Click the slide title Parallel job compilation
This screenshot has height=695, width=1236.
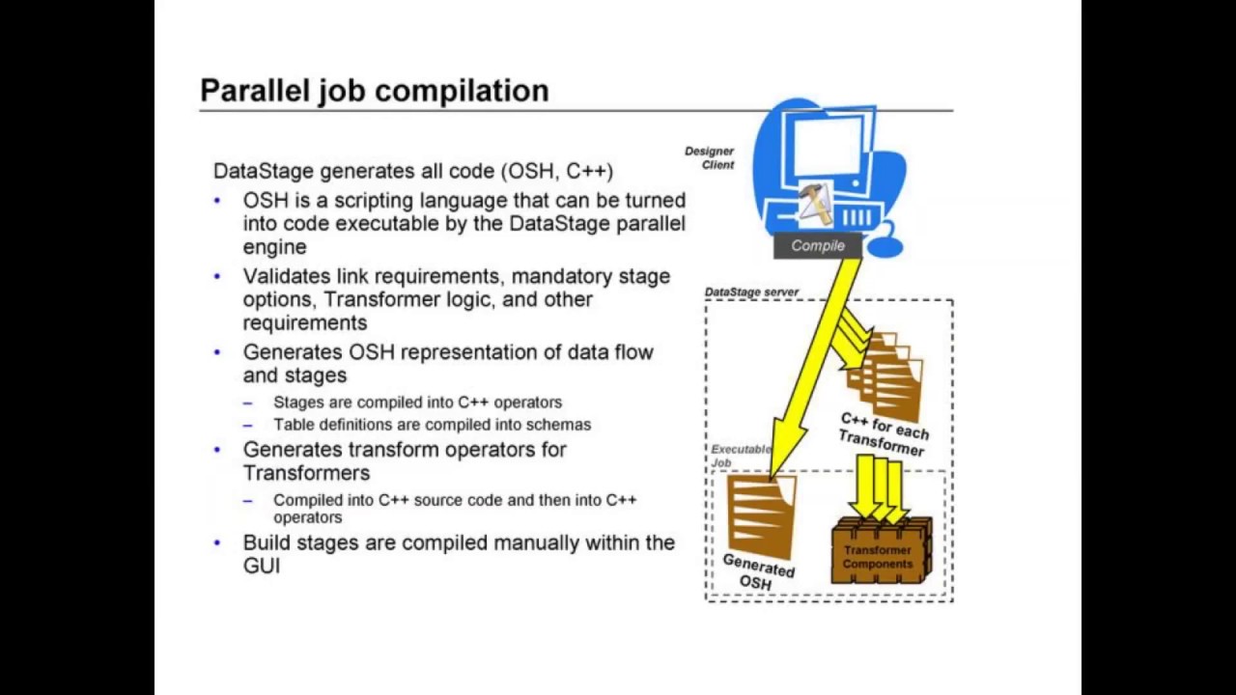[374, 91]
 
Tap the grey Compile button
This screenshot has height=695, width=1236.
[818, 246]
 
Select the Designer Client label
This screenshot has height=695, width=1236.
[710, 157]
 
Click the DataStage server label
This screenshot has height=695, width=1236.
[751, 292]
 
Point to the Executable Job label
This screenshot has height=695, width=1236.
[740, 455]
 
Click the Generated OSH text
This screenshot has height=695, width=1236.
[758, 571]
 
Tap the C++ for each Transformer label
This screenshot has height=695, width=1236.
[884, 433]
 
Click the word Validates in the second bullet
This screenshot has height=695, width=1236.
[282, 276]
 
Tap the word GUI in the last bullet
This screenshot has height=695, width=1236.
[262, 566]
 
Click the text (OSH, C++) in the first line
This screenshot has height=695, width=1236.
[557, 171]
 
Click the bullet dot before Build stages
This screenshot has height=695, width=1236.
[217, 542]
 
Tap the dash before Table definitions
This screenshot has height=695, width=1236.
[248, 425]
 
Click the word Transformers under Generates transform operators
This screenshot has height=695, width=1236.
[306, 473]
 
